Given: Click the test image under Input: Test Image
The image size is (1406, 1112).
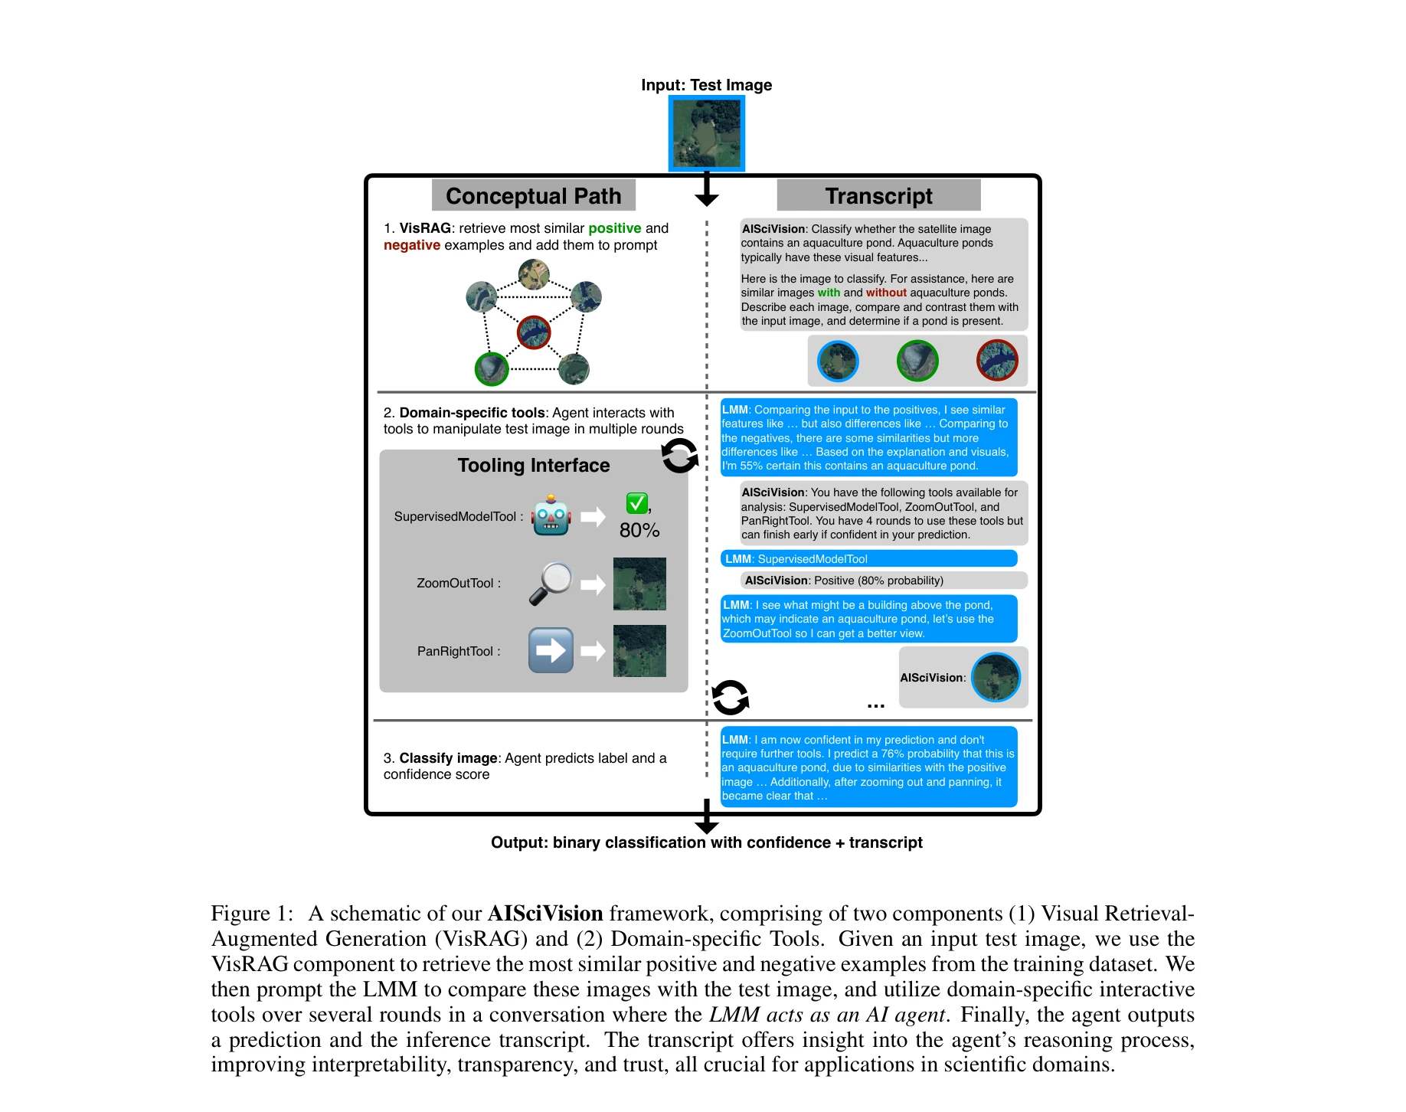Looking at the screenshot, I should (x=706, y=133).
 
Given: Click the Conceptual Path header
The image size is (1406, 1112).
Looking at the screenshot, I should (x=533, y=196).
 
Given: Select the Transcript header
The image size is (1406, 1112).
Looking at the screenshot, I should (x=878, y=196).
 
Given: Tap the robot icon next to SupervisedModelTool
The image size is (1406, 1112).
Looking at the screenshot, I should (x=551, y=516).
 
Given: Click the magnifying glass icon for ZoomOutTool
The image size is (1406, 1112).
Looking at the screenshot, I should (x=551, y=584).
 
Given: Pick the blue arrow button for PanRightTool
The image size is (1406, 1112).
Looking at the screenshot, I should (x=551, y=650).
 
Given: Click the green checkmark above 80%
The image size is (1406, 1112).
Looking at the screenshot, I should (x=637, y=503).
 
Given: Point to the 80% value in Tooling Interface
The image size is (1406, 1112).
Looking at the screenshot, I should (x=639, y=530).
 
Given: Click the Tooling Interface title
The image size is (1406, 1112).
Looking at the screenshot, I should (x=534, y=466).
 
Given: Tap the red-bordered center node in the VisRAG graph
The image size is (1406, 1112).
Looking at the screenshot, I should (x=534, y=332).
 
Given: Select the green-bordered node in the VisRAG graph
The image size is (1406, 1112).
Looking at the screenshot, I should (x=492, y=368).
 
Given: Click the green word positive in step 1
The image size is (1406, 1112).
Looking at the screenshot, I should (x=614, y=228).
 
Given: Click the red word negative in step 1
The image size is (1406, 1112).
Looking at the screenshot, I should (x=412, y=245).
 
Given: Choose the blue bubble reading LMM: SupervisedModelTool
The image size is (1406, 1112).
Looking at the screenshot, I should (x=869, y=559).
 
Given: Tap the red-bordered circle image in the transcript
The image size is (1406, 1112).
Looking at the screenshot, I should (x=997, y=361).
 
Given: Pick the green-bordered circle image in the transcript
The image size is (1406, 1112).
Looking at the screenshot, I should (x=917, y=361).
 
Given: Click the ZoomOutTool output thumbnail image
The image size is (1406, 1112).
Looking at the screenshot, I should (x=639, y=584).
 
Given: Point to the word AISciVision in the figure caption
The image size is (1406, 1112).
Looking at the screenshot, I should (x=545, y=914).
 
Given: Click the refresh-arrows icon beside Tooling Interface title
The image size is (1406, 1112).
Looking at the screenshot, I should (x=679, y=456).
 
